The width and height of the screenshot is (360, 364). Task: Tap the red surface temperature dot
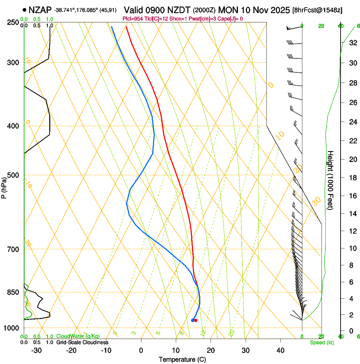click(196, 320)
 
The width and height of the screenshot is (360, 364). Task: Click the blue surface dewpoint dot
click(193, 320)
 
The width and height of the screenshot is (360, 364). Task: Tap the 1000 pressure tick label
click(13, 328)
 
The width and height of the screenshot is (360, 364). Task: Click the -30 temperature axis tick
click(36, 350)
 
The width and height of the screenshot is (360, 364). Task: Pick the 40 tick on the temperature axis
click(280, 350)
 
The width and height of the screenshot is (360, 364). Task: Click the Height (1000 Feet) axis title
click(331, 179)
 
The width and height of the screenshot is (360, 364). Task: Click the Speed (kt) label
click(321, 342)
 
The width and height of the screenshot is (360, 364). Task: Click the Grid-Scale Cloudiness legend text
click(82, 342)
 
